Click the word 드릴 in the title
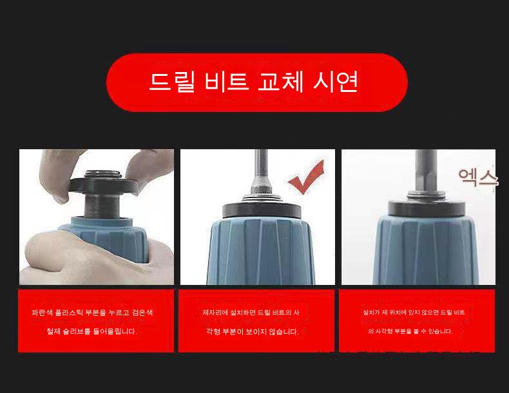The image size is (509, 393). (x=173, y=82)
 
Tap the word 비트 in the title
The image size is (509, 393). (x=227, y=82)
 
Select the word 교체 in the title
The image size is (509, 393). (x=281, y=81)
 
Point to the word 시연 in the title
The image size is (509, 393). (x=336, y=81)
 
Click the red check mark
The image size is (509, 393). (x=307, y=178)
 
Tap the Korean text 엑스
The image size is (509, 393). (x=477, y=177)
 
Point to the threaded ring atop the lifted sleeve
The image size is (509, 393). (x=103, y=174)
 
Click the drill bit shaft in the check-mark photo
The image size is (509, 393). (x=261, y=172)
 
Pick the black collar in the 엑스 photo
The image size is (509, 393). (x=427, y=208)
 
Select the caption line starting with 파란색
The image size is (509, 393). (x=93, y=313)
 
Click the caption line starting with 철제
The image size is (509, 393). (x=92, y=331)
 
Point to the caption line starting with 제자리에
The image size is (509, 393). (x=251, y=313)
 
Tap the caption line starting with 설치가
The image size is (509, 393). (x=414, y=313)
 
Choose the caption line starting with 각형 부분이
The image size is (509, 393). (x=253, y=331)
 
